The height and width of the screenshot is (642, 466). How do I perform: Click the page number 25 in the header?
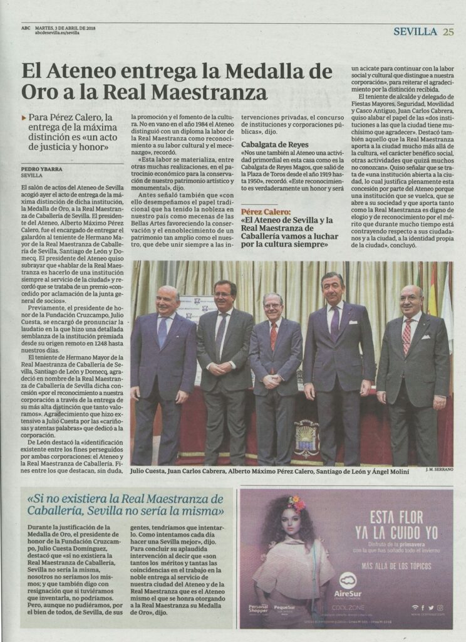448,31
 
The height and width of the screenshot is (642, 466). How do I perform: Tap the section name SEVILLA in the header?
415,31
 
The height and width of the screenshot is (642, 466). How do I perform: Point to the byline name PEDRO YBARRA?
41,169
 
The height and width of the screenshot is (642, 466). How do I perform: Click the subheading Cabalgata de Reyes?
269,145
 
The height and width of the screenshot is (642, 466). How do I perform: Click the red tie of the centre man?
273,335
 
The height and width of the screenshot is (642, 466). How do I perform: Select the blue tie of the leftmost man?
163,331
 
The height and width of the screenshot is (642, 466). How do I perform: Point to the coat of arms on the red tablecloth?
306,437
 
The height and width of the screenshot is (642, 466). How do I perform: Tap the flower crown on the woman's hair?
296,503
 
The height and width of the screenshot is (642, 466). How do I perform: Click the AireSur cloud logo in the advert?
348,580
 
